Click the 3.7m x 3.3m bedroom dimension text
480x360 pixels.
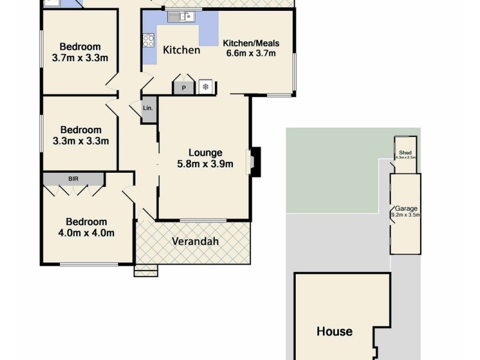80,58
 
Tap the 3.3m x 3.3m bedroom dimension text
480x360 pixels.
80,141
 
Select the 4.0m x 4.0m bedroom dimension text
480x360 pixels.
86,233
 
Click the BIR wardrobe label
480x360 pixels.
73,178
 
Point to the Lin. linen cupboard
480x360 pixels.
148,109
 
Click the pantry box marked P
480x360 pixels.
184,88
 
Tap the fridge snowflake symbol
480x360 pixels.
205,88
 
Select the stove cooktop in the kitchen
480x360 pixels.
148,41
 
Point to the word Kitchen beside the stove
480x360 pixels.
182,50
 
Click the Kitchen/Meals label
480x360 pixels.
251,43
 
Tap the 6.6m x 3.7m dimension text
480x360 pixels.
251,53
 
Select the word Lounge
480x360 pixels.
205,152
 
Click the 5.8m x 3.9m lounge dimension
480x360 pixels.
205,164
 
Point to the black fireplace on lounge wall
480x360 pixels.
256,161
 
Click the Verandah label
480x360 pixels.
195,242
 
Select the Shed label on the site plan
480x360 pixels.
405,153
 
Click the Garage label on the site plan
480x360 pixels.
406,208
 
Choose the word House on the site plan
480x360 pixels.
334,331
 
